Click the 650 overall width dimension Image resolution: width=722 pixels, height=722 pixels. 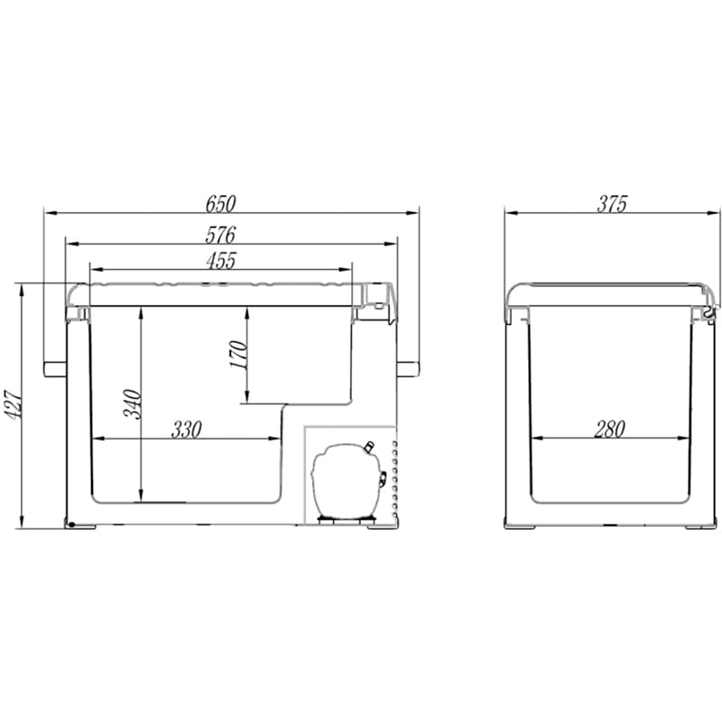[x=220, y=204]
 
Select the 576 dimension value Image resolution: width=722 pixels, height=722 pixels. [x=220, y=235]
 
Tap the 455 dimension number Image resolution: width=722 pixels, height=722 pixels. [x=221, y=261]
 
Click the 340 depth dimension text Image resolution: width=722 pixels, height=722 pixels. [x=132, y=403]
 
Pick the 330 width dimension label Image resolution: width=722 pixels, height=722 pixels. [x=187, y=430]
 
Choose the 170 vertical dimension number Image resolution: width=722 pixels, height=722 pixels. [x=238, y=354]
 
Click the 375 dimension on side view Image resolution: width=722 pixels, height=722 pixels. [x=612, y=204]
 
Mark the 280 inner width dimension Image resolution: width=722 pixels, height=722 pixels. [x=609, y=430]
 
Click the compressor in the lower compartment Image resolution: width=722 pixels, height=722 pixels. [x=347, y=480]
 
